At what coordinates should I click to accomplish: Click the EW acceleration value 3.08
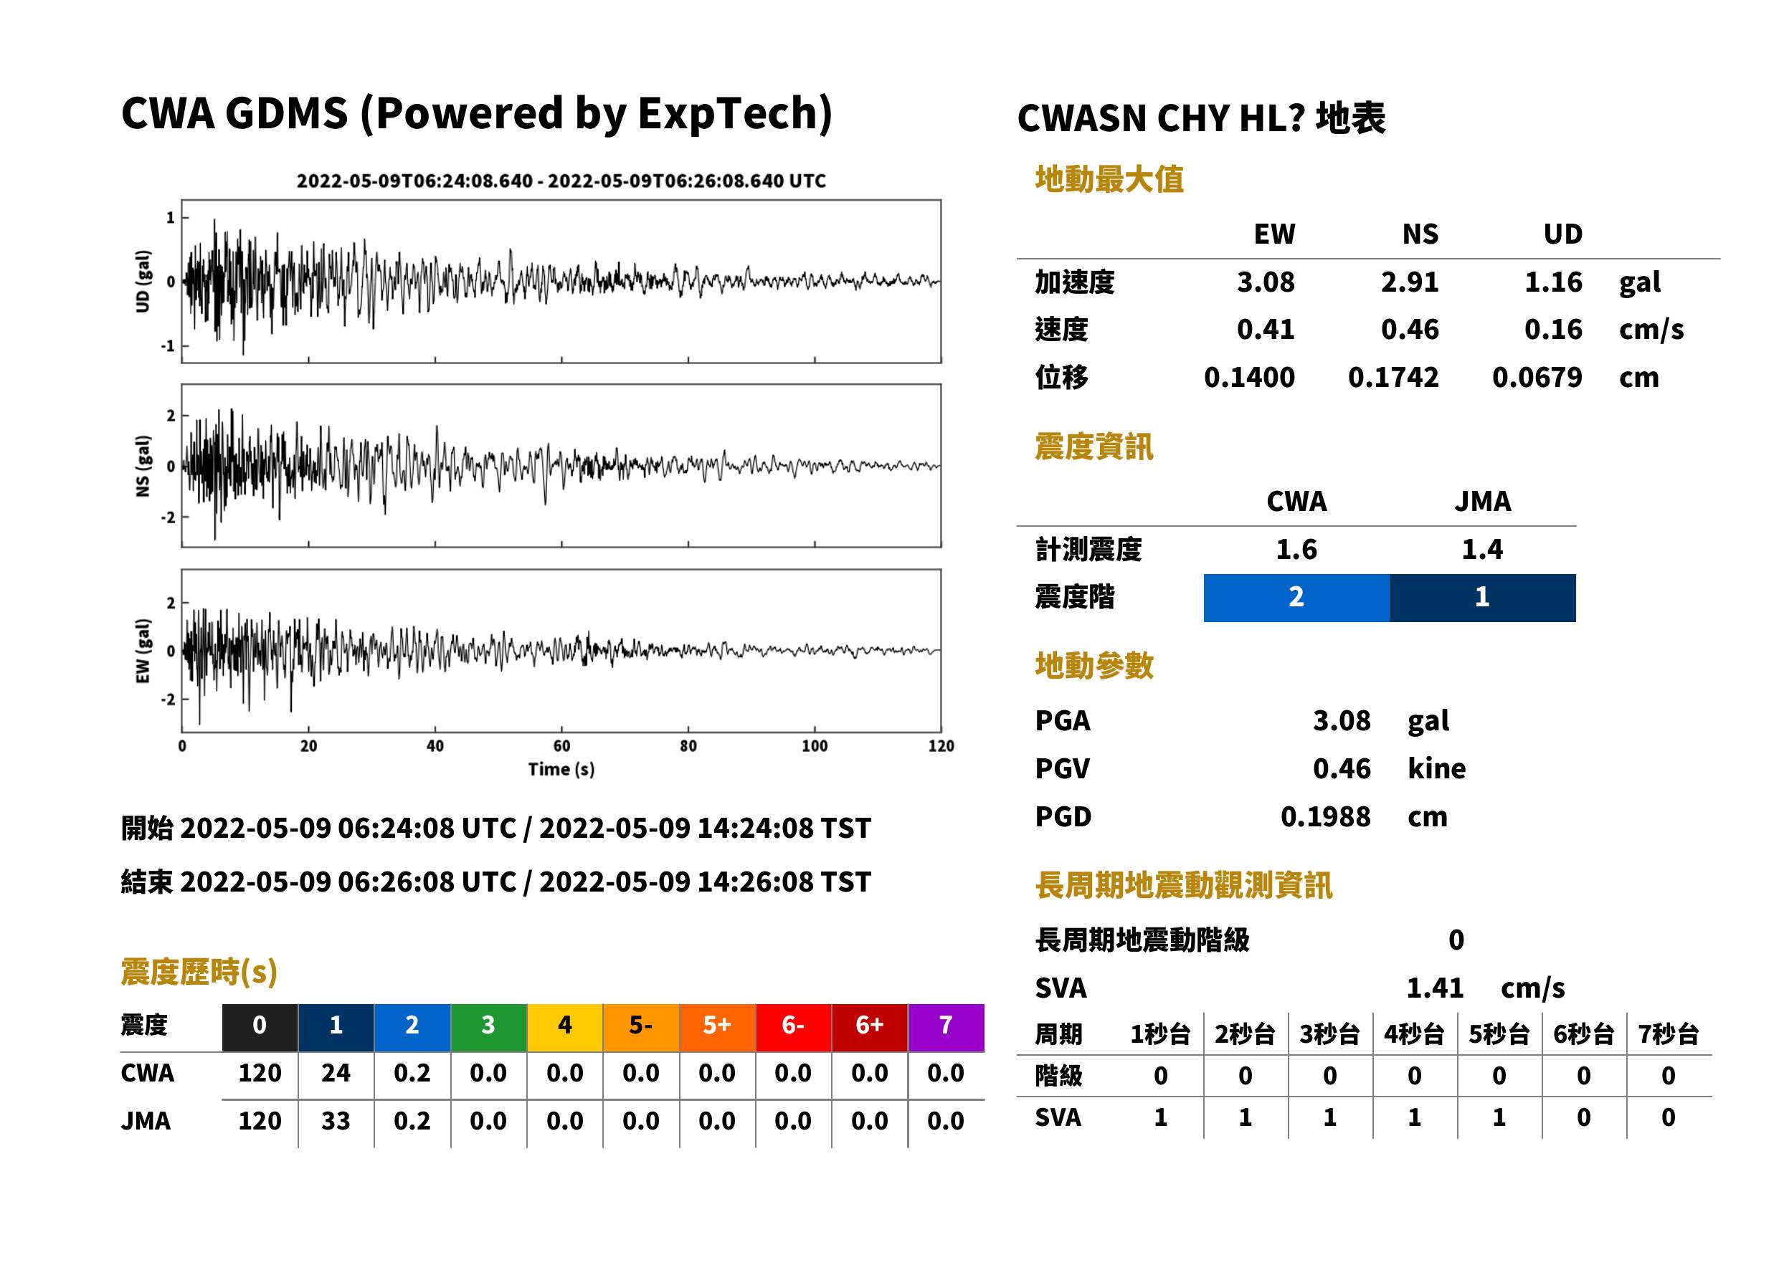[x=1265, y=282]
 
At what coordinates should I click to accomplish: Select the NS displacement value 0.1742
[x=1393, y=377]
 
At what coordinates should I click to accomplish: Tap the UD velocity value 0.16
[x=1553, y=329]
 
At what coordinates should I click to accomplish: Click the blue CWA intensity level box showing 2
[x=1296, y=598]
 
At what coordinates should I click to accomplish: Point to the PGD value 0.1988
[x=1325, y=816]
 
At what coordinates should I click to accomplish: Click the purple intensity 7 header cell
[x=946, y=1027]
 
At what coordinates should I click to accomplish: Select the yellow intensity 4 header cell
[x=565, y=1027]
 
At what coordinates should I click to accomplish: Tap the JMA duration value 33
[x=336, y=1121]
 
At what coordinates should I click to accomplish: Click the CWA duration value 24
[x=336, y=1073]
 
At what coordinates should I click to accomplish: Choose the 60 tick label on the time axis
[x=561, y=746]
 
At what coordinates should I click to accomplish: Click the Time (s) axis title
[x=561, y=770]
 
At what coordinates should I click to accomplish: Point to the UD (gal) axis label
[x=143, y=282]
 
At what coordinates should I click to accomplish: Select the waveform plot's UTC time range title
[x=561, y=181]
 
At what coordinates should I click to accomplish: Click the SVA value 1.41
[x=1435, y=988]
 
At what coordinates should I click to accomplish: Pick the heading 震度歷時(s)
[x=199, y=972]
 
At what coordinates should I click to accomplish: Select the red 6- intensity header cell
[x=793, y=1027]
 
